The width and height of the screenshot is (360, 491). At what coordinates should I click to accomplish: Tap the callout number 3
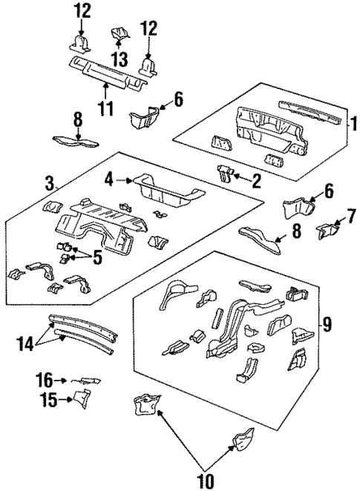coord(49,182)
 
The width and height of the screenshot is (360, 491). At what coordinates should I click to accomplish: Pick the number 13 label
coord(117,58)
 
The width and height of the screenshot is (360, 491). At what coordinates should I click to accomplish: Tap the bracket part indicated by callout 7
coord(324,231)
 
